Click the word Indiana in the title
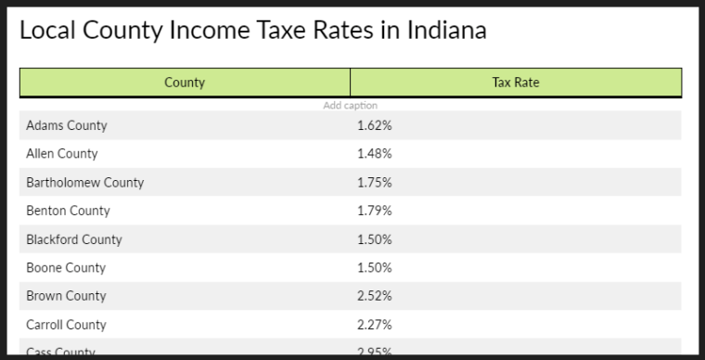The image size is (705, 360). pos(447,31)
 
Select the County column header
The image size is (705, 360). pos(185,83)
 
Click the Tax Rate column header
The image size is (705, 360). pos(515,83)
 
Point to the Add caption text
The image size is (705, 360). pos(350,106)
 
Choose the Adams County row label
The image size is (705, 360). pos(67,125)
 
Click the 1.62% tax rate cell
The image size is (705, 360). pos(375,125)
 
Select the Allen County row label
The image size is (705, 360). pos(62,154)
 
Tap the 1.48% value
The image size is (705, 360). pos(375,154)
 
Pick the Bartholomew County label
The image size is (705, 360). pos(85,183)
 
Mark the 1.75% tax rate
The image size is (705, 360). pos(375,183)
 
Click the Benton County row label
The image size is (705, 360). pos(69,211)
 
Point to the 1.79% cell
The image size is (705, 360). pos(375,211)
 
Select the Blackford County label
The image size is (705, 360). pos(74,239)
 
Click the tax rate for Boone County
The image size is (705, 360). pos(375,268)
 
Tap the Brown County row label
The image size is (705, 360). pos(67,296)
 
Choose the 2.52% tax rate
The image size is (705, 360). pos(375,296)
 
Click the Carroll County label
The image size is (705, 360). pos(67,325)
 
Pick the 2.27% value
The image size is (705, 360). pos(375,325)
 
